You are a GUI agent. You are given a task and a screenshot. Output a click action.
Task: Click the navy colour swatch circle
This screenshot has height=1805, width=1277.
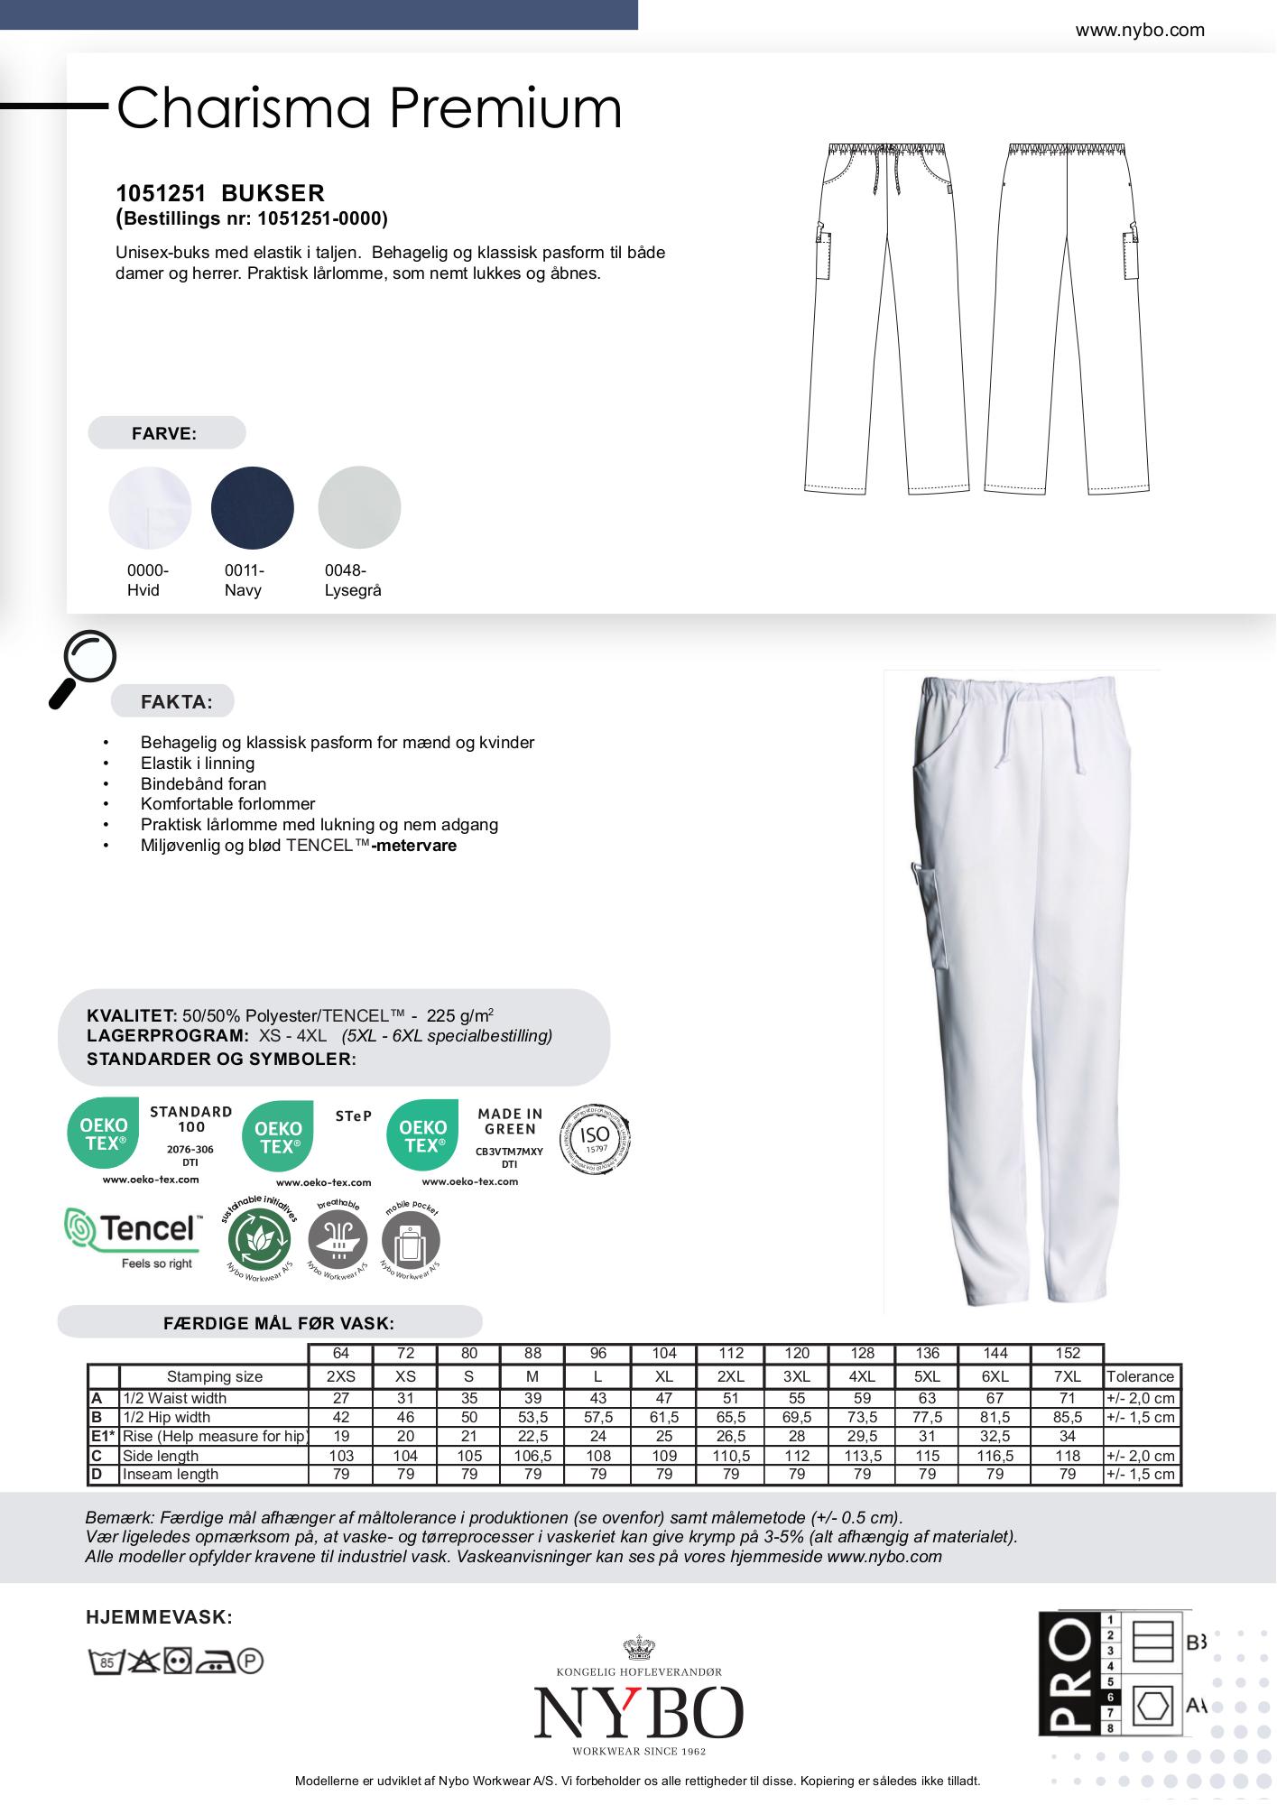click(253, 507)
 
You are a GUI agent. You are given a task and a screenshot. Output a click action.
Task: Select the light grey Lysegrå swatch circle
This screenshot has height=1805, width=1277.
click(359, 507)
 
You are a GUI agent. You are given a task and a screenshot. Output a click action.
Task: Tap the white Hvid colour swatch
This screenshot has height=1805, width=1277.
click(150, 507)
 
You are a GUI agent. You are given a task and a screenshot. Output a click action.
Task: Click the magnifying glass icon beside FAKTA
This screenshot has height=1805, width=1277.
click(82, 667)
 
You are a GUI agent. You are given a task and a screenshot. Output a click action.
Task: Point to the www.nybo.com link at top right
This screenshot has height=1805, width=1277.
click(1139, 30)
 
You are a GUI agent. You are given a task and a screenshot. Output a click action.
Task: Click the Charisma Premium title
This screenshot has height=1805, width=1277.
click(369, 108)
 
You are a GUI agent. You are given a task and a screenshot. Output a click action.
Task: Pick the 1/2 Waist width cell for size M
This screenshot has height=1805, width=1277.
click(532, 1398)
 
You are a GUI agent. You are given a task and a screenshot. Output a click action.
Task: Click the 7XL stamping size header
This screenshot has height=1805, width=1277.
click(1068, 1376)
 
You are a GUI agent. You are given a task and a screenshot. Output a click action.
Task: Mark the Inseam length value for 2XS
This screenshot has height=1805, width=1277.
click(341, 1475)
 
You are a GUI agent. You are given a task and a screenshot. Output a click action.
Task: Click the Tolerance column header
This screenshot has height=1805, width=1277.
click(1140, 1376)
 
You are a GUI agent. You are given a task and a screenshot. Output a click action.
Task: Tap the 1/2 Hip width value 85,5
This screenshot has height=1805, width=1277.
click(1068, 1417)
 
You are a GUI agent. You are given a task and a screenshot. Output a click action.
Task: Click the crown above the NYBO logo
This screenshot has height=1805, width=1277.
click(639, 1648)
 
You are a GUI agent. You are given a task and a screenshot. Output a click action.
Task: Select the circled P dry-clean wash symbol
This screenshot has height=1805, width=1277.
click(250, 1661)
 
